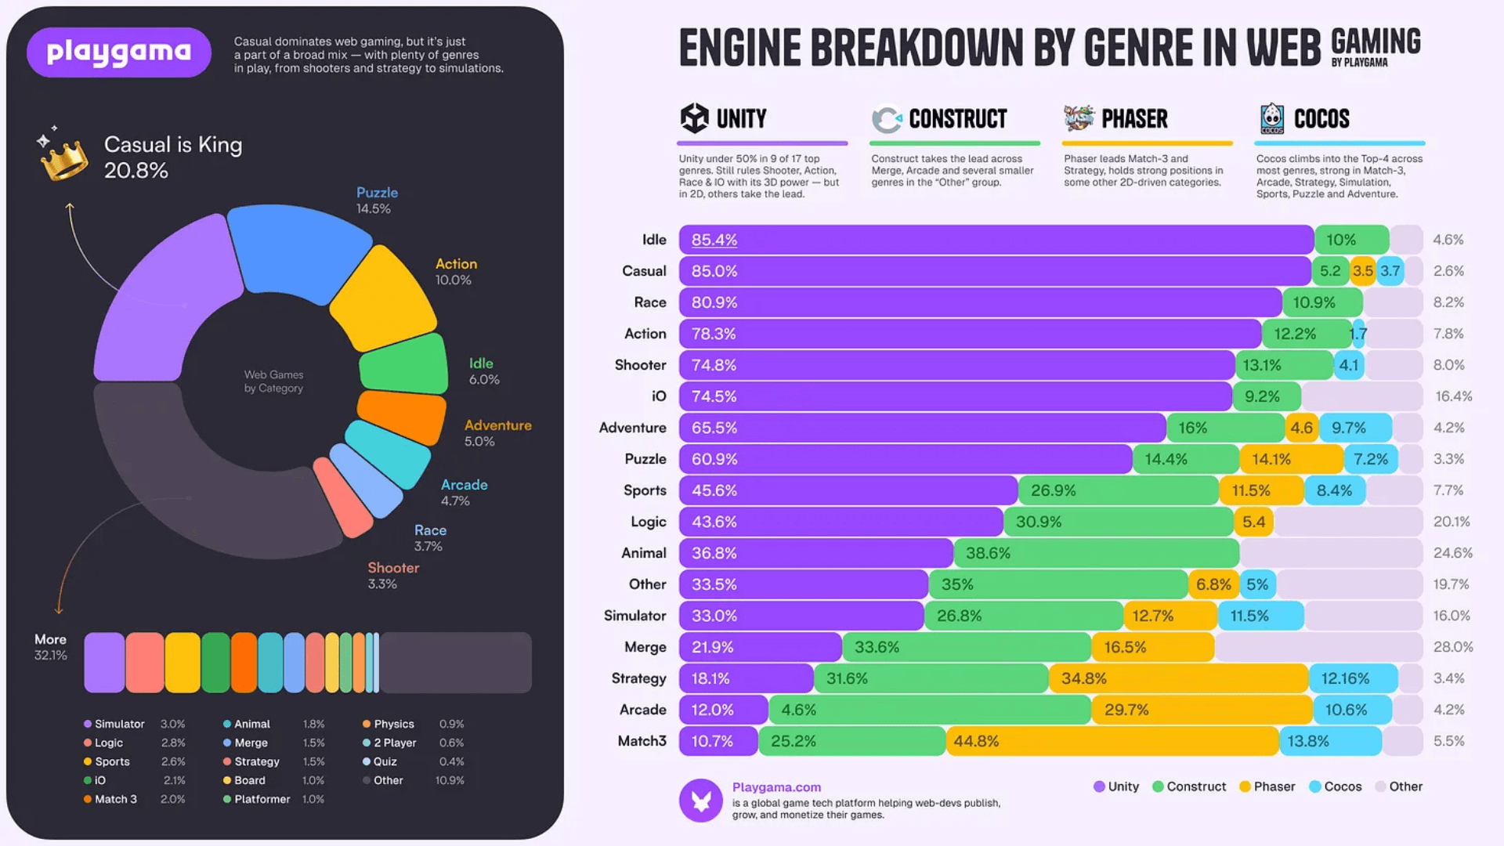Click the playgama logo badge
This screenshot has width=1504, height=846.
point(119,52)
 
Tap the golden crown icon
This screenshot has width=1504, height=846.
point(63,159)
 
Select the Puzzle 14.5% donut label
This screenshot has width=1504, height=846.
point(377,201)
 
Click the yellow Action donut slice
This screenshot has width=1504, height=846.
point(384,298)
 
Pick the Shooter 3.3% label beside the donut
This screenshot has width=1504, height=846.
point(393,575)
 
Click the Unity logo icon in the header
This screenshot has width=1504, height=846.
point(694,118)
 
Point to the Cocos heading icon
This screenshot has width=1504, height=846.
point(1271,118)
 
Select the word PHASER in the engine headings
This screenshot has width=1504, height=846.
point(1134,119)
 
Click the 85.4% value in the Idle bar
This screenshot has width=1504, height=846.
point(714,240)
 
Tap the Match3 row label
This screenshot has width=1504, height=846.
point(642,741)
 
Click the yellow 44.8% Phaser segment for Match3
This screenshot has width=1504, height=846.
point(1112,741)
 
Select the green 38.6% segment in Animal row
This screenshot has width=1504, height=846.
point(1097,553)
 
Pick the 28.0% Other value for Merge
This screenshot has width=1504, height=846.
point(1452,647)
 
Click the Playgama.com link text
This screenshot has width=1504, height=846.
point(776,787)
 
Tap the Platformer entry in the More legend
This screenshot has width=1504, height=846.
point(262,799)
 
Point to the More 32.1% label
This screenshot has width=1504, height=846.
point(50,647)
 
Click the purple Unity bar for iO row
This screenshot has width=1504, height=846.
point(956,396)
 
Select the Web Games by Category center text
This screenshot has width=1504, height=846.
point(273,381)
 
